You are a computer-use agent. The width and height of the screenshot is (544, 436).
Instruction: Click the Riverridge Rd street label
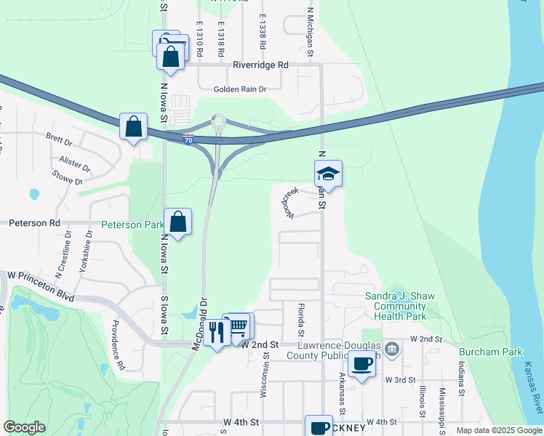[260, 65]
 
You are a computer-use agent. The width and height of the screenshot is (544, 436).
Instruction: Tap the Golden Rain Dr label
[240, 89]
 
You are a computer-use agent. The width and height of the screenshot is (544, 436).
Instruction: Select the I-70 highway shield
[188, 139]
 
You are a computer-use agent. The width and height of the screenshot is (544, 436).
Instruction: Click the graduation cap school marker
[328, 174]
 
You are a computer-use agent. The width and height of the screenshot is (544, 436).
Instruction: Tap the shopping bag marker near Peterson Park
[177, 222]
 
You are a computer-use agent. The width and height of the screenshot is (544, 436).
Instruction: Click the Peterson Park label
[132, 225]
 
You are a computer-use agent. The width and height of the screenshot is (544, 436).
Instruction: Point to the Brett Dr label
[58, 138]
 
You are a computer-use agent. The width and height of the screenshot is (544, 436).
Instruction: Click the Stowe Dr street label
[68, 176]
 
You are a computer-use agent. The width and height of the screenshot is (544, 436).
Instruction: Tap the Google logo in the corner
[24, 427]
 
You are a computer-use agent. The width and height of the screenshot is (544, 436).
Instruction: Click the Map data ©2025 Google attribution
[499, 430]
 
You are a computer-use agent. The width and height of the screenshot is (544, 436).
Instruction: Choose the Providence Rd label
[118, 345]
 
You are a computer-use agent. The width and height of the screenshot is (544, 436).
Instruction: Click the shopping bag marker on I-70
[134, 127]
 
